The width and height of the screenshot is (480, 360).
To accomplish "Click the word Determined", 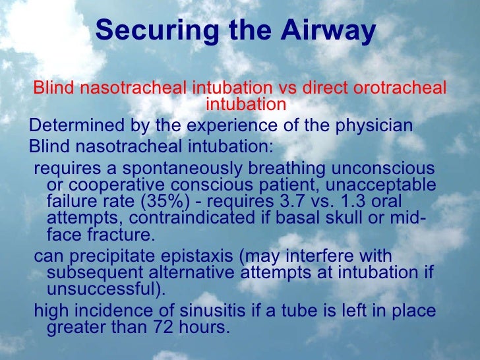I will click(70, 125).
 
